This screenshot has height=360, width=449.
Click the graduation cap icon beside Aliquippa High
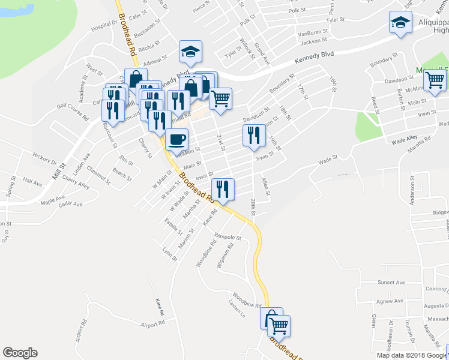click(400, 23)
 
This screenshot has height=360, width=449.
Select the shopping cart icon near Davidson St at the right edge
click(434, 80)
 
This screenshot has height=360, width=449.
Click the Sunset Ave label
click(391, 282)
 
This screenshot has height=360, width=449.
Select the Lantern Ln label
click(237, 305)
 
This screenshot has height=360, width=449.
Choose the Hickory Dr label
click(44, 158)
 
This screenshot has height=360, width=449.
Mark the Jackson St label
click(313, 41)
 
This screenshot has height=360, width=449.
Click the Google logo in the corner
click(19, 353)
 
